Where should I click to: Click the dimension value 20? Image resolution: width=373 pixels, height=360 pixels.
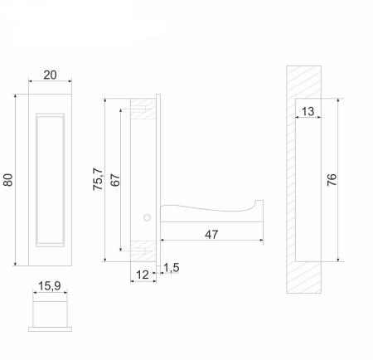[x=49, y=75]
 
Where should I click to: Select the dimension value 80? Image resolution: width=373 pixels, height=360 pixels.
[x=8, y=179]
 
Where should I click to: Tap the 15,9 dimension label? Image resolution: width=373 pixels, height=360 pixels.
[x=49, y=287]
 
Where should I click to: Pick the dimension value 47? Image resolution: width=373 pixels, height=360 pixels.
[x=211, y=235]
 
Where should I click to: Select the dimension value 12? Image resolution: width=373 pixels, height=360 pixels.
[x=142, y=273]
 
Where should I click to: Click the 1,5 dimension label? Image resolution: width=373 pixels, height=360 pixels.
[x=172, y=267]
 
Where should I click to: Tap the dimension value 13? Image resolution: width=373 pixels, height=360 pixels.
[x=308, y=111]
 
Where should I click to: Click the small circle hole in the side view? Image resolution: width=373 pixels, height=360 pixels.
[x=147, y=218]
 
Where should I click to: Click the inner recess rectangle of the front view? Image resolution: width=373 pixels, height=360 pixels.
[x=49, y=179]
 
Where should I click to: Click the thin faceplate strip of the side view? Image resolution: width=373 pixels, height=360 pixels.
[x=159, y=178]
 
